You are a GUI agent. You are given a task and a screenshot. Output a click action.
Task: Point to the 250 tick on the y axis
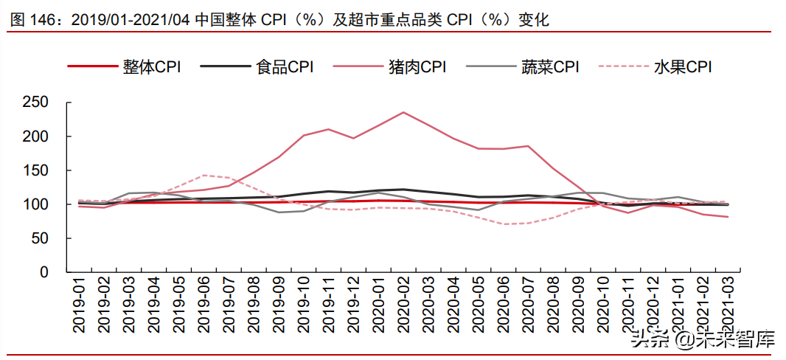click(35, 103)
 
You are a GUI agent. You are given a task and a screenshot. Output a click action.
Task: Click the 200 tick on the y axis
click(35, 136)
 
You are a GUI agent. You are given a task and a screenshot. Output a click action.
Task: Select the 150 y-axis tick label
click(35, 170)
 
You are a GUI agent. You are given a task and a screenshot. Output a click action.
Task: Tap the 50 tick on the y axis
click(40, 238)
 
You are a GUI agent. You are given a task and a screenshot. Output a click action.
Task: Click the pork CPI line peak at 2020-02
click(403, 112)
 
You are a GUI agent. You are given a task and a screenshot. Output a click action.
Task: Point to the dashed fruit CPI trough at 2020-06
click(503, 224)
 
